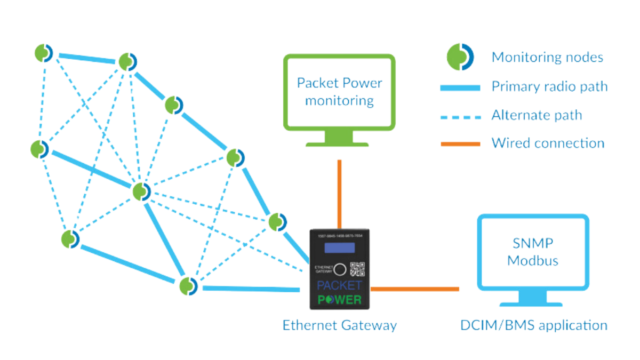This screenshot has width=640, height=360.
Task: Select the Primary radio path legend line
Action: point(460,87)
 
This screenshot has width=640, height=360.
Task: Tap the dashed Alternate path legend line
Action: point(460,115)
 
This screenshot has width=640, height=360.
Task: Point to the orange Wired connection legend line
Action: point(460,143)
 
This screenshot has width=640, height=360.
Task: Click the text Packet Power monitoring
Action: point(339,91)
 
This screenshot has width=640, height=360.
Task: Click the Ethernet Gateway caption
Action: point(339,325)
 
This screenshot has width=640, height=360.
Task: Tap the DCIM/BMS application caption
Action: point(534,325)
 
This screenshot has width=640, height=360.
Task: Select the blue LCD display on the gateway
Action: point(339,249)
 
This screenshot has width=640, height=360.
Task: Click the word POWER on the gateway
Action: point(339,299)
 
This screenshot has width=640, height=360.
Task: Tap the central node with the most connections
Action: point(142,191)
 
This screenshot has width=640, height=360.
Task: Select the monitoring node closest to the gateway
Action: point(277,221)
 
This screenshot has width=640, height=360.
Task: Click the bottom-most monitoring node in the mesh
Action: point(189,286)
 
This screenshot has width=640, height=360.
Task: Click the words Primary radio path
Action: point(549,87)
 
